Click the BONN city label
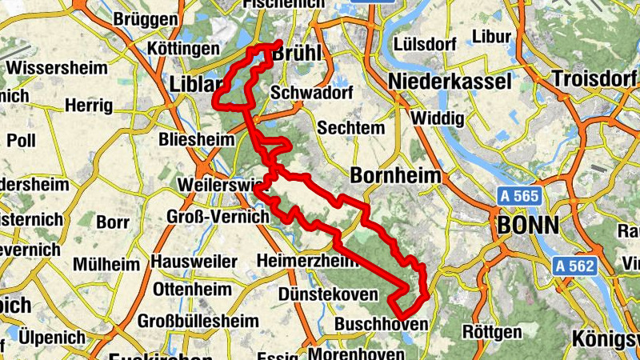(528, 225)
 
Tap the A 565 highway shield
(520, 196)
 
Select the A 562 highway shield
(574, 266)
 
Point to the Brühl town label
(296, 54)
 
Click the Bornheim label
(396, 176)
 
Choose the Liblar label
(196, 83)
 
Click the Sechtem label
(347, 128)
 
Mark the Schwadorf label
(301, 93)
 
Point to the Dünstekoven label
(328, 294)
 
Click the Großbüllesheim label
(198, 321)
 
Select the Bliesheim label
(196, 140)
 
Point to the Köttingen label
(183, 50)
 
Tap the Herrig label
(89, 105)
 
